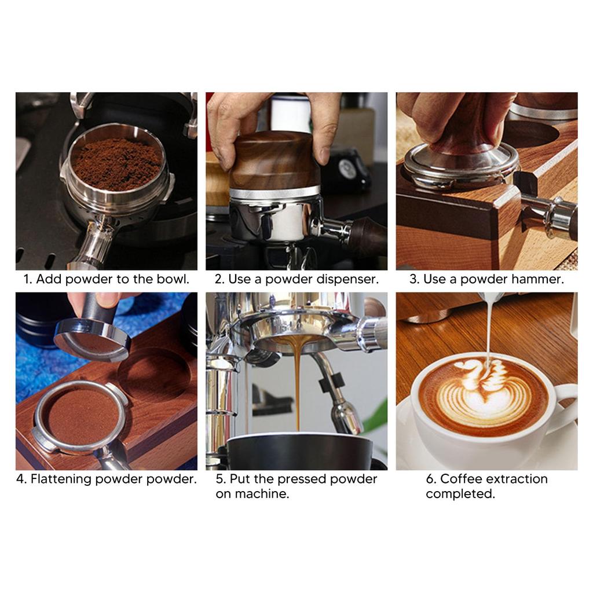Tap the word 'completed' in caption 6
tap(460, 494)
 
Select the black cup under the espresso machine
tap(298, 452)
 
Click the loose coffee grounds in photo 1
tap(117, 164)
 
